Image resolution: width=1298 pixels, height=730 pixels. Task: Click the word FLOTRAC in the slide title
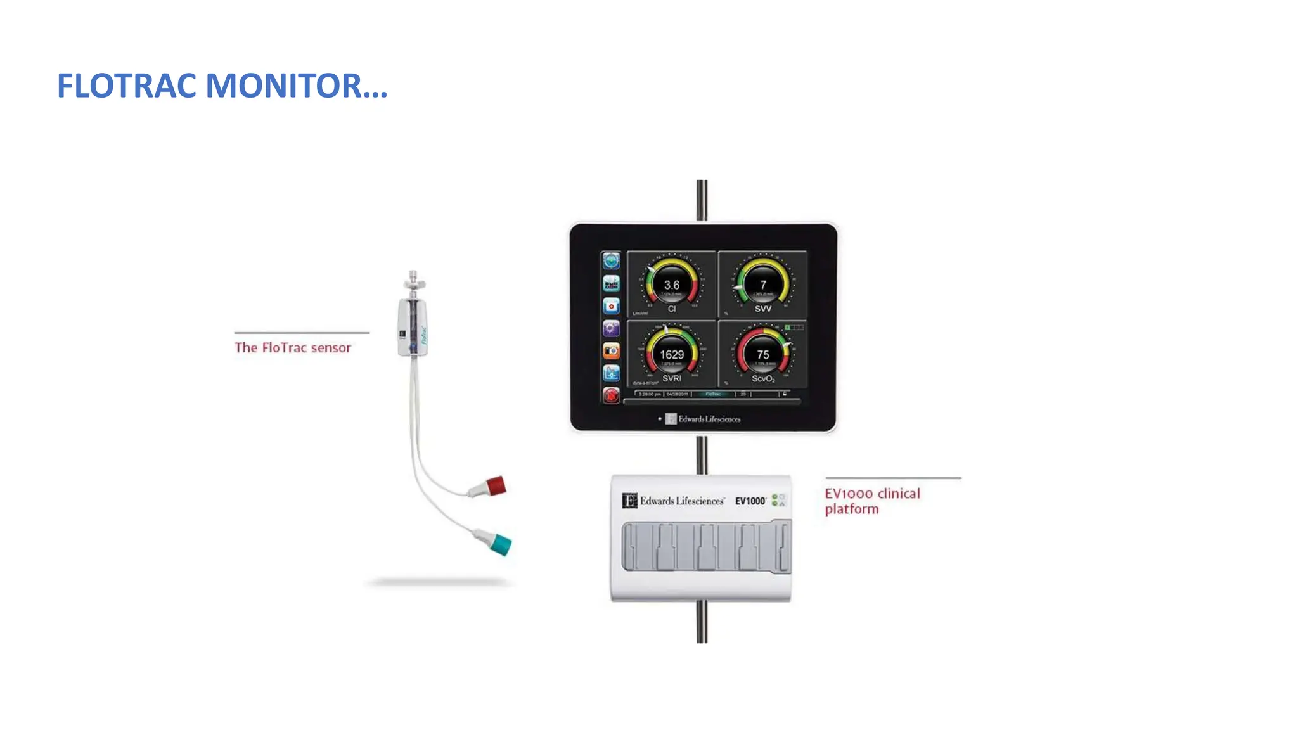coord(127,86)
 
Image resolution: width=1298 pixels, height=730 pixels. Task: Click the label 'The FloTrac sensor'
coord(292,347)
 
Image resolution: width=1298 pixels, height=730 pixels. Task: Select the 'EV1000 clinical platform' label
coord(871,501)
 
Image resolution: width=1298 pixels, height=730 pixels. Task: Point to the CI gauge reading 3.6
coord(672,285)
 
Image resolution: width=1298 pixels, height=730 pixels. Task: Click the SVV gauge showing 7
coord(762,285)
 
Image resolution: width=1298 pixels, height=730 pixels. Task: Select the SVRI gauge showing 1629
coord(672,354)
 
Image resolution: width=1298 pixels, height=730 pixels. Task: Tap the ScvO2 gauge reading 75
coord(762,354)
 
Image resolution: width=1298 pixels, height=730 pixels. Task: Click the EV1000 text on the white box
coord(750,501)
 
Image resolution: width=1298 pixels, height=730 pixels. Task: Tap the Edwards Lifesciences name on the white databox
coord(681,501)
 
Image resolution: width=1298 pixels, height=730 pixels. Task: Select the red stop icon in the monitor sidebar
coord(611,395)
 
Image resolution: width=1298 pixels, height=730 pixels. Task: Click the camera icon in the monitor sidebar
coord(611,350)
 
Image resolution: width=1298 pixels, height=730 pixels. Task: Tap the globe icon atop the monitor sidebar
coord(611,260)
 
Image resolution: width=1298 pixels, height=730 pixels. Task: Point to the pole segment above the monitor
coord(702,200)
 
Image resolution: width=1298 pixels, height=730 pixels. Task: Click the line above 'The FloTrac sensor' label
coord(302,333)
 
